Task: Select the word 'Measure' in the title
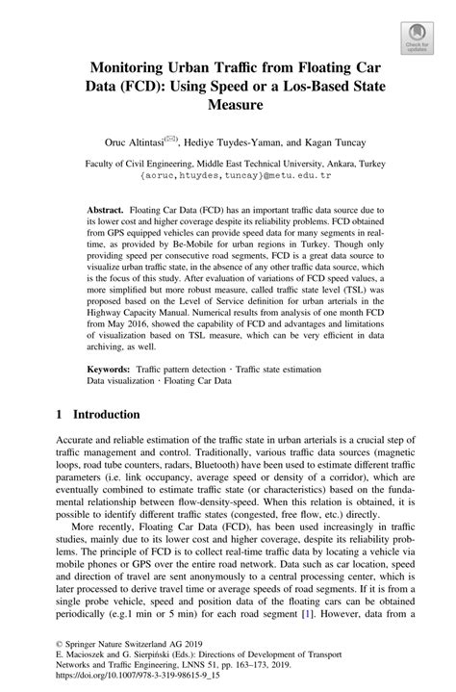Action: point(227,112)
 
